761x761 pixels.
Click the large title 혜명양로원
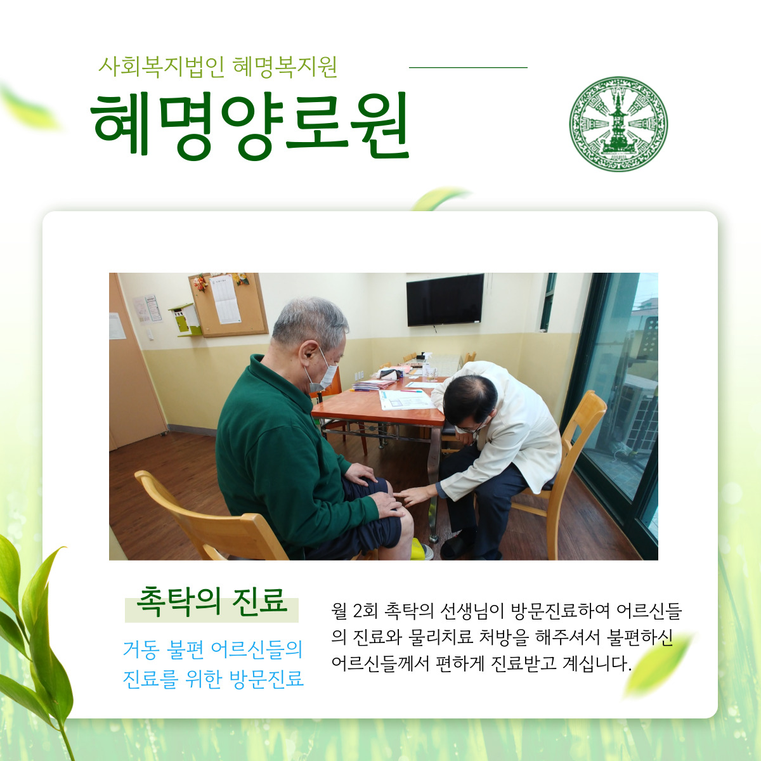point(250,126)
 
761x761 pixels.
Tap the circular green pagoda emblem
point(618,124)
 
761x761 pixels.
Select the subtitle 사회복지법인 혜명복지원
point(218,67)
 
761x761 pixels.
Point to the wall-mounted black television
point(445,300)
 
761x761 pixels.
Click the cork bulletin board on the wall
point(228,304)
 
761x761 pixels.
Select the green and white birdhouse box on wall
point(185,320)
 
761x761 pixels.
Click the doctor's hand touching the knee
point(413,496)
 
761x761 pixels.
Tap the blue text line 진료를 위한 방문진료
point(213,679)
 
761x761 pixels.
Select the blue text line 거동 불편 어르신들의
point(213,649)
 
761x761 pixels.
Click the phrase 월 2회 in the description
point(355,611)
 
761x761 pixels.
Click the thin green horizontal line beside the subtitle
point(468,67)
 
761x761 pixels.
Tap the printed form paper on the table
point(406,400)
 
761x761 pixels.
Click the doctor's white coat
point(509,427)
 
